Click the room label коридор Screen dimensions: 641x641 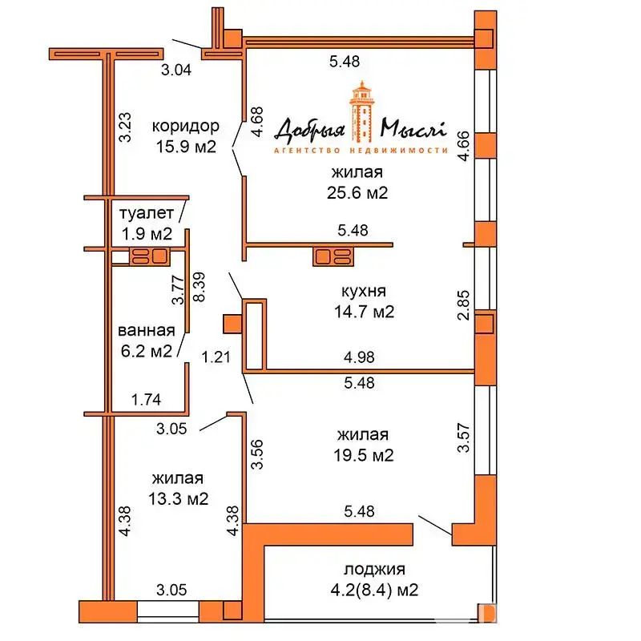click(x=185, y=126)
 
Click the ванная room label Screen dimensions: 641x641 click(x=146, y=330)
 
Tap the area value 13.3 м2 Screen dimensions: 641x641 click(x=179, y=498)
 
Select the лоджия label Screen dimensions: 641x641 click(x=374, y=570)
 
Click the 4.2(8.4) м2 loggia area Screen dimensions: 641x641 click(x=374, y=591)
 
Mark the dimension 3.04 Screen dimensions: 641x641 click(x=176, y=71)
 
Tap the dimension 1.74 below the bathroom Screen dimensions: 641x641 click(x=146, y=398)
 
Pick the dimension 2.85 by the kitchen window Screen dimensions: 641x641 click(x=462, y=306)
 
